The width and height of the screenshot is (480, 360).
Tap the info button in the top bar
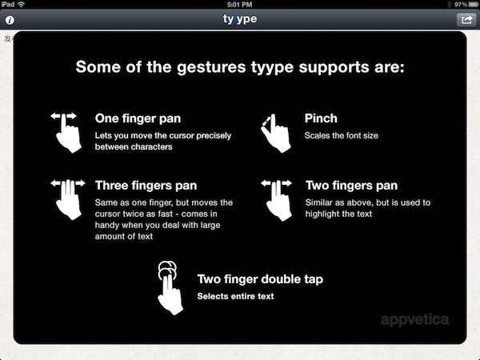(10, 20)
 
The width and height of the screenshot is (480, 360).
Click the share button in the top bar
(466, 20)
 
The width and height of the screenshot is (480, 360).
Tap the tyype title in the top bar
(240, 19)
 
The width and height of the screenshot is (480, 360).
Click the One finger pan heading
(138, 118)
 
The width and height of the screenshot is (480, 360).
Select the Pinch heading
(321, 118)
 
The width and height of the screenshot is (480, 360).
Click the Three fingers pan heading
(146, 186)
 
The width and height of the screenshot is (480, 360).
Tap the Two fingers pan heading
(351, 186)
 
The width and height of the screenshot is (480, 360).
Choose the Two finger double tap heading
(260, 279)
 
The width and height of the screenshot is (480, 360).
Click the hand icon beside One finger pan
(66, 133)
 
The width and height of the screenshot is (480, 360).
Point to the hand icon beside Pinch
(275, 133)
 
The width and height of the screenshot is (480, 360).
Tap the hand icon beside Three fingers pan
(68, 199)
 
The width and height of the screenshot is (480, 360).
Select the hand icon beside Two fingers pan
(277, 200)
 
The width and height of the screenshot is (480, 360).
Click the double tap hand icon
(170, 288)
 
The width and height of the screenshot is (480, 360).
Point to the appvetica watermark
(414, 320)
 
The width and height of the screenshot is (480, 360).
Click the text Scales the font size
(342, 136)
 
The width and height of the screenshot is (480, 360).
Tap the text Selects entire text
(235, 296)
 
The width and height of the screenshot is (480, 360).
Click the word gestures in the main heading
(211, 67)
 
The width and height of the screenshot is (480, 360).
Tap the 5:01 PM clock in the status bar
(240, 4)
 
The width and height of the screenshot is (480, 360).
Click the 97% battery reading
(461, 4)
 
